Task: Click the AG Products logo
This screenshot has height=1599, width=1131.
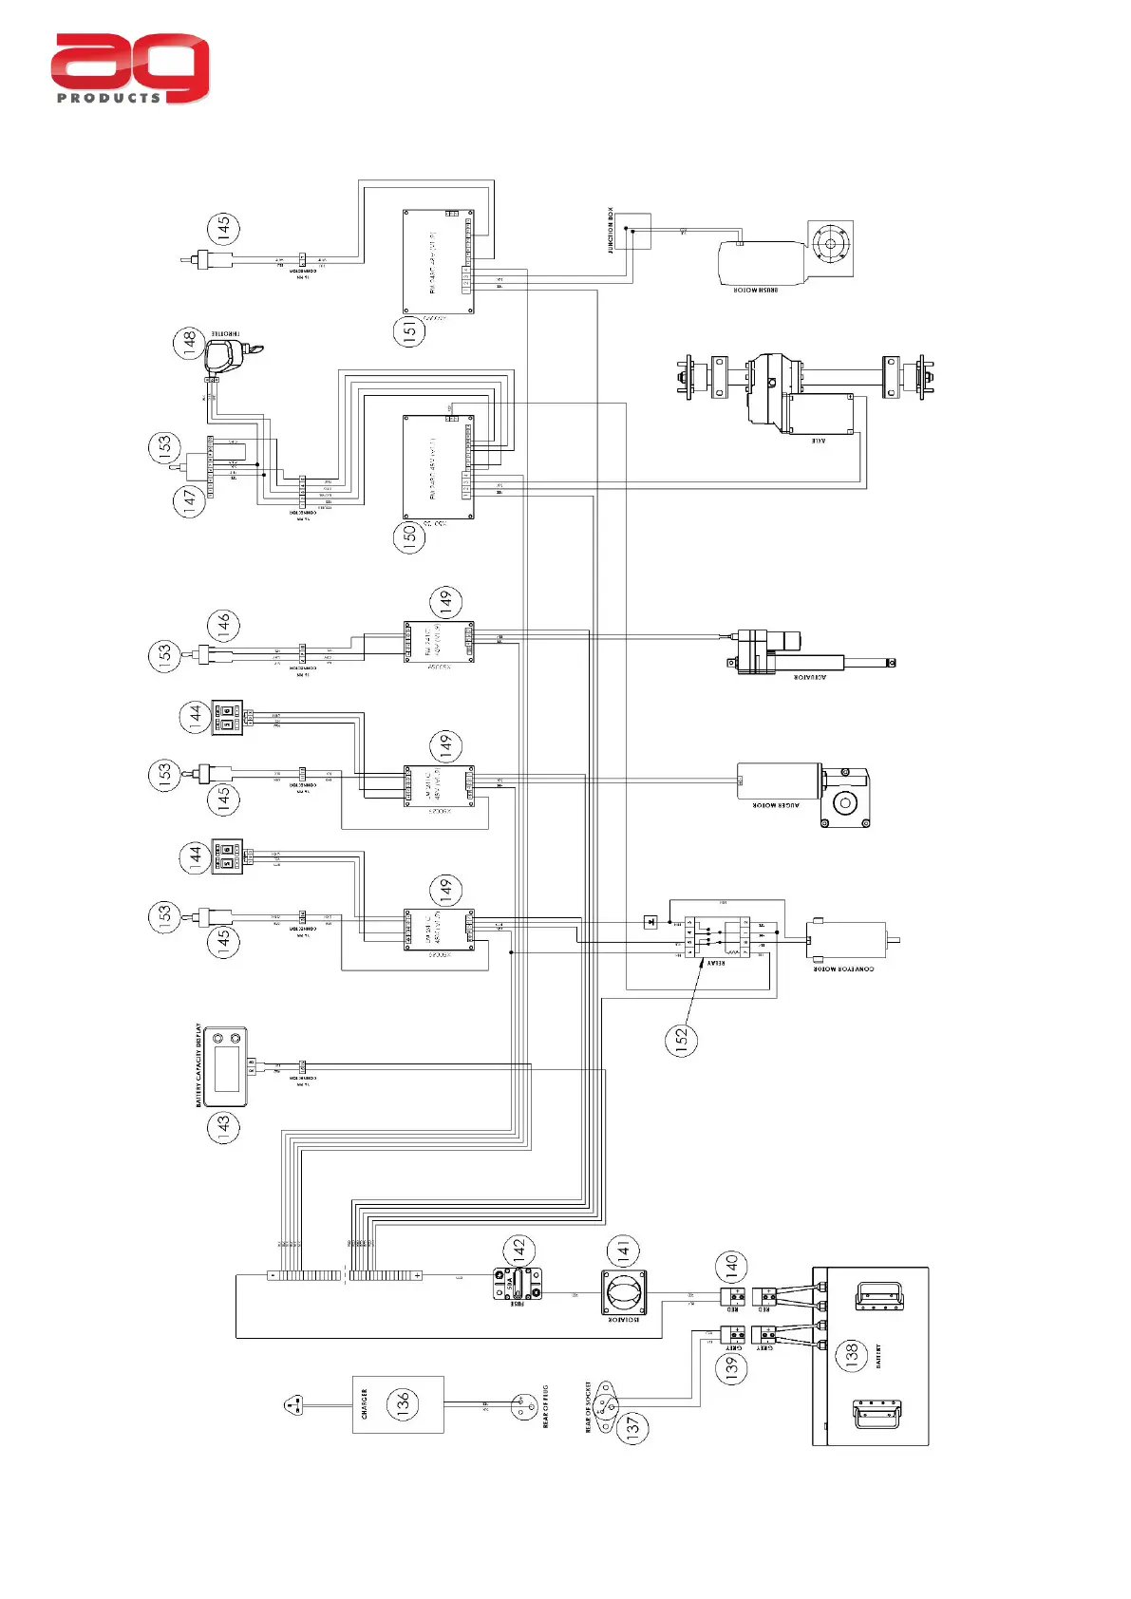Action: [x=130, y=68]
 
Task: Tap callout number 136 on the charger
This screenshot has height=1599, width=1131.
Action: [x=403, y=1402]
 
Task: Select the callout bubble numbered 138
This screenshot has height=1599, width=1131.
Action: [x=851, y=1354]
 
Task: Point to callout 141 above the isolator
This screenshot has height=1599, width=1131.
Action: [x=623, y=1251]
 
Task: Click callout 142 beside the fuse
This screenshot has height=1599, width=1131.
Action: [x=518, y=1250]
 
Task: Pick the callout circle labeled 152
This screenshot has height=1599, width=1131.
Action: [x=681, y=1040]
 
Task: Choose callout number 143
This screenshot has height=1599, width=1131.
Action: [x=224, y=1127]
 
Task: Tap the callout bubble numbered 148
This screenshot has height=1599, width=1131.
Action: [x=189, y=342]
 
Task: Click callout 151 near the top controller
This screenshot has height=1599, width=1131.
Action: [x=409, y=330]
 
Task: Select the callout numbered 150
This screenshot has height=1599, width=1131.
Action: [x=409, y=536]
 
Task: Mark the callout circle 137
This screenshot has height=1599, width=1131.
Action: [x=633, y=1426]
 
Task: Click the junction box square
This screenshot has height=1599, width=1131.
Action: [x=632, y=231]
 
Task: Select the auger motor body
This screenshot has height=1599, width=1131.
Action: [x=780, y=781]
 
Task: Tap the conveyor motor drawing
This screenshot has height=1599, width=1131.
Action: [x=848, y=940]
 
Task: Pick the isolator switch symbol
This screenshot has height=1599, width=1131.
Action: [x=624, y=1293]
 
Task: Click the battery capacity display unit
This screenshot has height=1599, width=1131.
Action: [x=226, y=1066]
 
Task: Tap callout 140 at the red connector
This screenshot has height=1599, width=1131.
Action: [x=731, y=1265]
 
